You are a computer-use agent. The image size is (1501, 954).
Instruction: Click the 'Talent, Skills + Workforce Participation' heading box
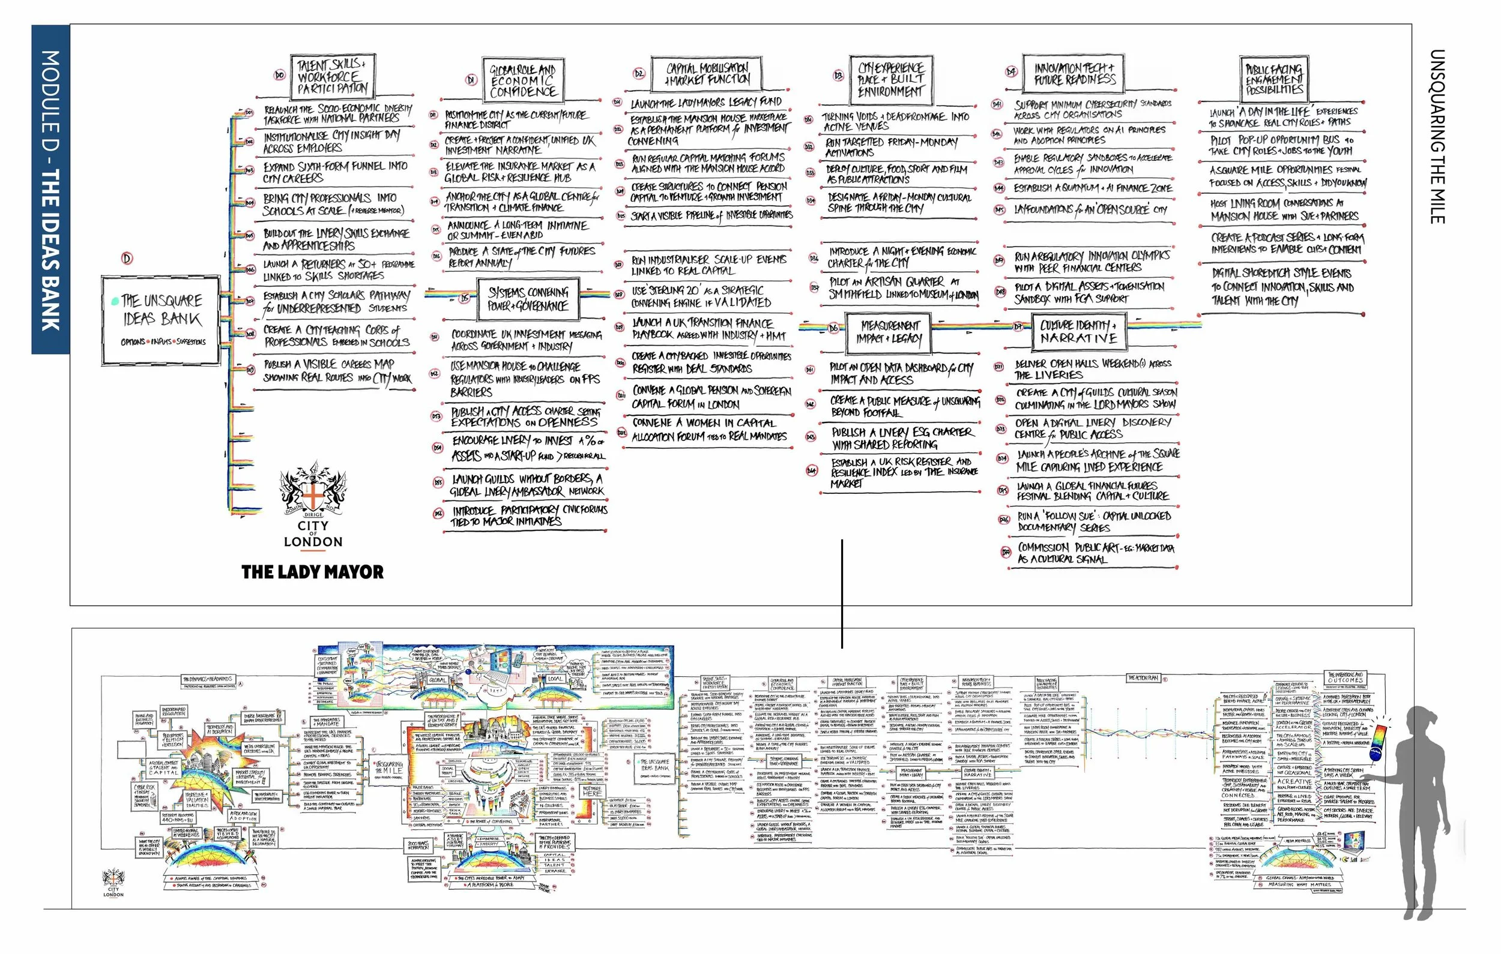pos(332,77)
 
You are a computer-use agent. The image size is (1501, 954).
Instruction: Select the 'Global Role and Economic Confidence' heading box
pos(522,80)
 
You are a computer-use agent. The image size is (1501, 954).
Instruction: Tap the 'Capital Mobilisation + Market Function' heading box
pos(707,74)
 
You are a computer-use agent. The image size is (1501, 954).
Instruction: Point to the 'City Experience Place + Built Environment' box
pos(890,80)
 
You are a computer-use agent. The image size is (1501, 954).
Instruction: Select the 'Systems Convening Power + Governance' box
pos(527,299)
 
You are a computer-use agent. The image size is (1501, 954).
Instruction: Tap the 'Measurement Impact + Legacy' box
pos(890,332)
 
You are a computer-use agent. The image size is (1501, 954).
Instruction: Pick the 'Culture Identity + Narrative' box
pos(1078,332)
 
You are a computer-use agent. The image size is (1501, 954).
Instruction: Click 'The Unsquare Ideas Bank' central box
pos(162,319)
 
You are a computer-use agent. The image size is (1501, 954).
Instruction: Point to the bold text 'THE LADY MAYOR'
pos(312,572)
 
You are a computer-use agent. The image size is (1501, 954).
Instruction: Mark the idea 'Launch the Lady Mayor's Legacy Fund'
pos(705,103)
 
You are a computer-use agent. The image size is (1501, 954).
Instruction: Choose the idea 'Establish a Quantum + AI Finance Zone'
pos(1092,188)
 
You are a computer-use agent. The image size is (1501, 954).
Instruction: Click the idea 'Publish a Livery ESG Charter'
pos(892,438)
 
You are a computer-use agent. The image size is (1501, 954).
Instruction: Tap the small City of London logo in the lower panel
pos(113,883)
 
